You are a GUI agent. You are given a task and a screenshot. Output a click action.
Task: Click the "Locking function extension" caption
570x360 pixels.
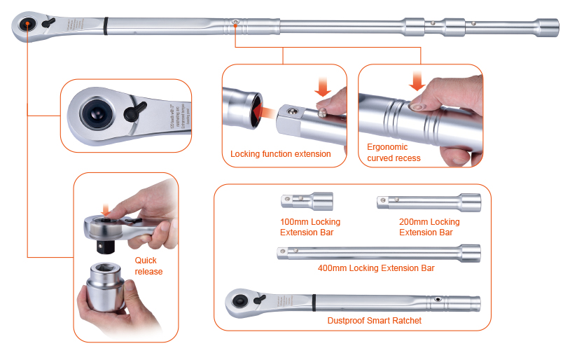[x=280, y=154]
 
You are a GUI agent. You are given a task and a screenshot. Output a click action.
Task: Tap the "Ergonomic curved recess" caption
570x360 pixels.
[x=394, y=153]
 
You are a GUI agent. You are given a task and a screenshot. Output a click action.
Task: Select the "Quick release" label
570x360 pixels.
[x=148, y=266]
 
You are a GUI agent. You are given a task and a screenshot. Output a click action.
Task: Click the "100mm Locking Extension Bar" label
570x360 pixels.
[x=310, y=227]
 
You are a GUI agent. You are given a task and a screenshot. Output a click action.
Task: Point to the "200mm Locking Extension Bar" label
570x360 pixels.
[x=429, y=227]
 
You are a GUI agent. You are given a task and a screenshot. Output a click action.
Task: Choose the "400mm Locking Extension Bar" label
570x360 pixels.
[x=376, y=268]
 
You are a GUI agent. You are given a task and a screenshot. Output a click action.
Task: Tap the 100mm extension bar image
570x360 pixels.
[x=306, y=201]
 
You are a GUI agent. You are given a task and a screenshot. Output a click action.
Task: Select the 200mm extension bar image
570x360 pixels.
[x=429, y=202]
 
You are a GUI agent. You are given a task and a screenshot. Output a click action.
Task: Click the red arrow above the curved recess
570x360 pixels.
[x=418, y=82]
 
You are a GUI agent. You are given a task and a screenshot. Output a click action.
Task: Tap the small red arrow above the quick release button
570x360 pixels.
[x=104, y=209]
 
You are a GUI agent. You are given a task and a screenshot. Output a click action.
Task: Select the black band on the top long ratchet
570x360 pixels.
[x=105, y=26]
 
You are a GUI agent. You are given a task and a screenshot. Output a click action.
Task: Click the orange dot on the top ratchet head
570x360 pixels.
[x=27, y=25]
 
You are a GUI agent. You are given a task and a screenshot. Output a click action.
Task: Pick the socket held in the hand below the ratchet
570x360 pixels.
[x=110, y=290]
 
